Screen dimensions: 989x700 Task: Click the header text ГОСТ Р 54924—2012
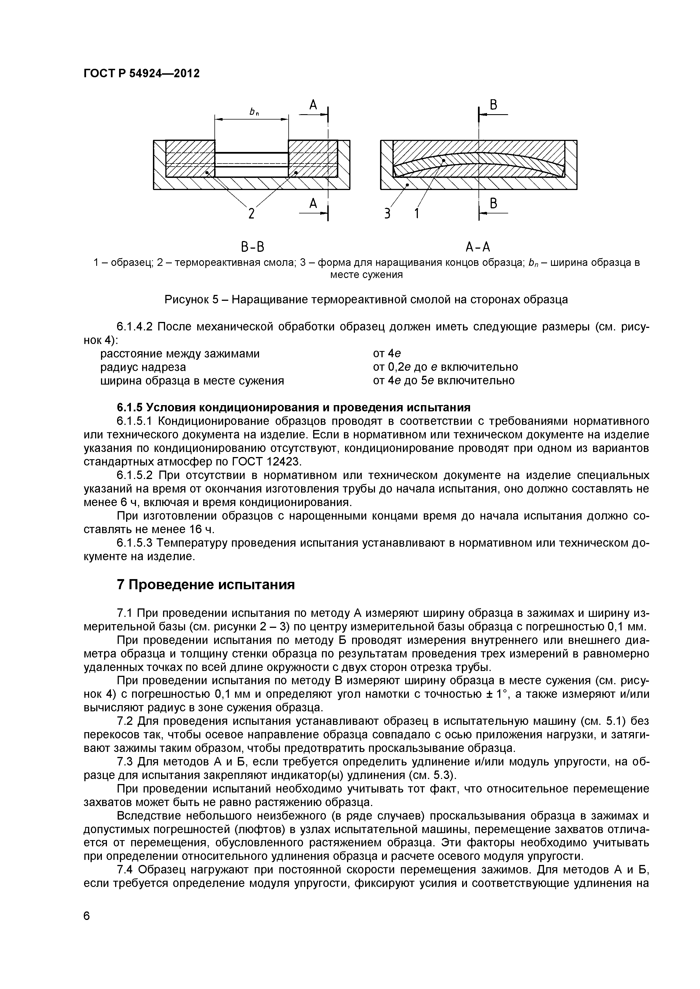tap(141, 74)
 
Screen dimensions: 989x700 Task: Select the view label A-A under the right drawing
tap(479, 247)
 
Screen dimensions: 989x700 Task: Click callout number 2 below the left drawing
tap(251, 213)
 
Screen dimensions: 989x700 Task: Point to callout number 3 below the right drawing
tap(387, 213)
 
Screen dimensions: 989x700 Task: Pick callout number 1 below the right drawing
tap(417, 213)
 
